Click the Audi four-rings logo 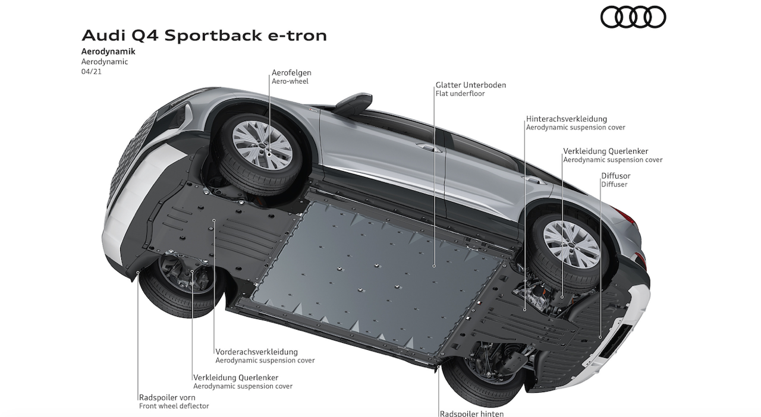click(633, 17)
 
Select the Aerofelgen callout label click(291, 73)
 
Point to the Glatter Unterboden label click(470, 85)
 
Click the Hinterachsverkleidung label click(566, 119)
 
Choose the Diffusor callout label click(615, 176)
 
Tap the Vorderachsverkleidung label click(256, 352)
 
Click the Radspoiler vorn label click(166, 397)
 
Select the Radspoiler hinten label click(471, 413)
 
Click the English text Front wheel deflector click(174, 406)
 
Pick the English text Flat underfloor click(460, 94)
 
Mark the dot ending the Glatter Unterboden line click(434, 266)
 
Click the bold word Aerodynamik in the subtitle click(108, 52)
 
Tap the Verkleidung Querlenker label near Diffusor click(605, 151)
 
